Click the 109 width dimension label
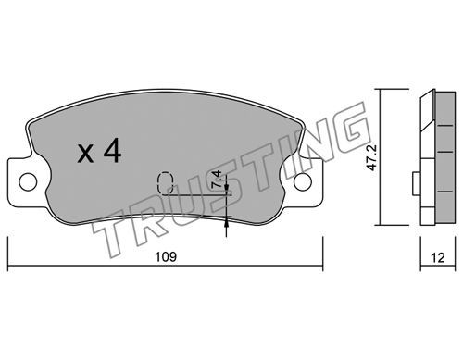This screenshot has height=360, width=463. (x=166, y=256)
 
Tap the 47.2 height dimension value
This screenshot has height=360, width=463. (x=371, y=157)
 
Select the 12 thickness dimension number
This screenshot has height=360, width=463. (x=438, y=257)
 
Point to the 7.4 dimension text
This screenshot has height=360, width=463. (x=217, y=179)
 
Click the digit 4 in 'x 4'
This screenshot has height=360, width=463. (x=112, y=150)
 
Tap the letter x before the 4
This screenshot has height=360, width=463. (x=85, y=155)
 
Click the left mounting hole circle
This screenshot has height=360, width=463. (x=28, y=181)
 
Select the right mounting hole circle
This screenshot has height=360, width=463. (x=303, y=181)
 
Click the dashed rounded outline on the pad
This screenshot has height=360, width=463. (x=165, y=183)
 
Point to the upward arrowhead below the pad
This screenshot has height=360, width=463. (x=227, y=220)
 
